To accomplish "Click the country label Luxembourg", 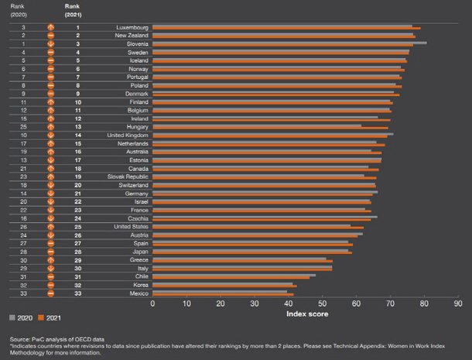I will [x=132, y=27].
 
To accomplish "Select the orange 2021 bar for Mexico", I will [x=223, y=295].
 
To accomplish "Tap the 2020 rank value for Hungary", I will [x=23, y=126].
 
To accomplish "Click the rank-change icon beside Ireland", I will [x=50, y=118].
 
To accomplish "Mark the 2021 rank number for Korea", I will [x=77, y=285].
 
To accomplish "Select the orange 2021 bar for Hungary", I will [x=270, y=127].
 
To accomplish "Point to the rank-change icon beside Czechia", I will [x=50, y=218].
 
